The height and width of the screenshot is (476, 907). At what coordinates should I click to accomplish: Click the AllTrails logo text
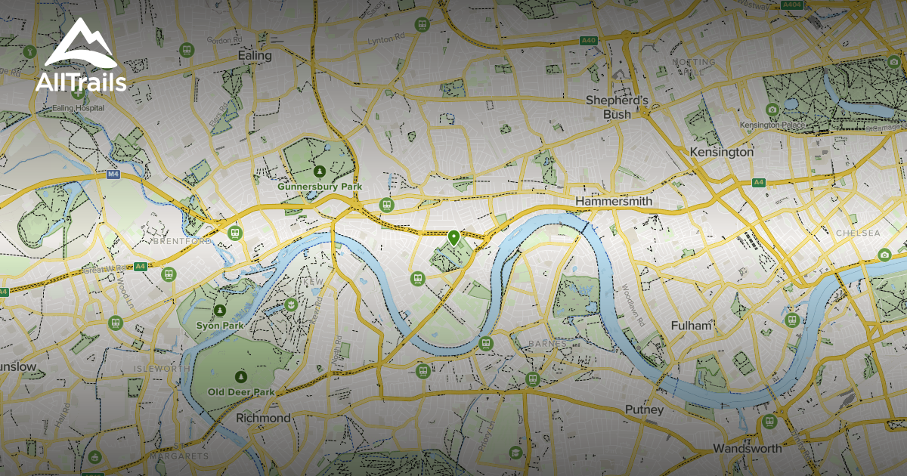[x=81, y=83]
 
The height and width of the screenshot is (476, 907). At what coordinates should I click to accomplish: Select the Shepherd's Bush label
[x=618, y=107]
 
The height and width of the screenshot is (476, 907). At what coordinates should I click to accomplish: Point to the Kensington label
[x=722, y=152]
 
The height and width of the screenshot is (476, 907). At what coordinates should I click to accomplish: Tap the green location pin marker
[x=453, y=238]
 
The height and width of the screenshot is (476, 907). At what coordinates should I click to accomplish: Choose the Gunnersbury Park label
[x=320, y=186]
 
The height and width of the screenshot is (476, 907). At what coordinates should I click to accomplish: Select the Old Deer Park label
[x=241, y=392]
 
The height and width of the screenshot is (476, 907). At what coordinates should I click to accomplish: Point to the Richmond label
[x=263, y=418]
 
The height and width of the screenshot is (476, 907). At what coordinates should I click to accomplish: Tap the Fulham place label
[x=692, y=326]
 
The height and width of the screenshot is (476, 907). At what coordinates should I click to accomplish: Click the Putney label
[x=644, y=410]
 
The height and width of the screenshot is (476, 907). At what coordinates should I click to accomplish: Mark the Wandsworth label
[x=748, y=448]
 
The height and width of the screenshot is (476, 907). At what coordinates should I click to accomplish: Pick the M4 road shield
[x=113, y=175]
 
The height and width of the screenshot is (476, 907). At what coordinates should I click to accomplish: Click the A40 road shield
[x=590, y=40]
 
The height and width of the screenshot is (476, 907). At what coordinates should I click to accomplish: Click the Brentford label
[x=182, y=241]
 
